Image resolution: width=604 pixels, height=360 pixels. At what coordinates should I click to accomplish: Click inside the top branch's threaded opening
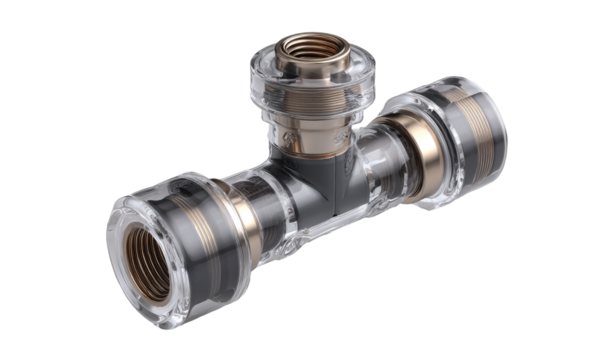(x=303, y=48)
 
